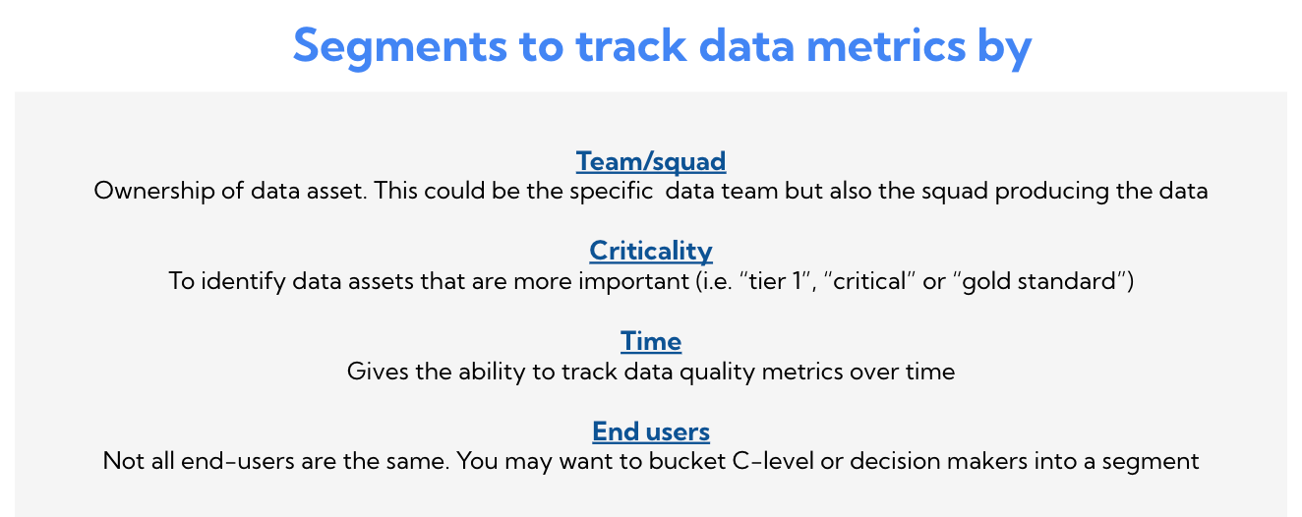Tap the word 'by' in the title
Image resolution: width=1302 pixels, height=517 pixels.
click(1006, 46)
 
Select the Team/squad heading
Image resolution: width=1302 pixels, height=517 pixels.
click(651, 161)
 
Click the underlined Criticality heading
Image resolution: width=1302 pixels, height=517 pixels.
click(651, 251)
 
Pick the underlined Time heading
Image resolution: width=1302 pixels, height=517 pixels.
click(651, 341)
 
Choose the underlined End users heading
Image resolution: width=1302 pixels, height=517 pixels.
click(651, 431)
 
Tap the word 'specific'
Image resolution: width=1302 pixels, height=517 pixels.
click(616, 191)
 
